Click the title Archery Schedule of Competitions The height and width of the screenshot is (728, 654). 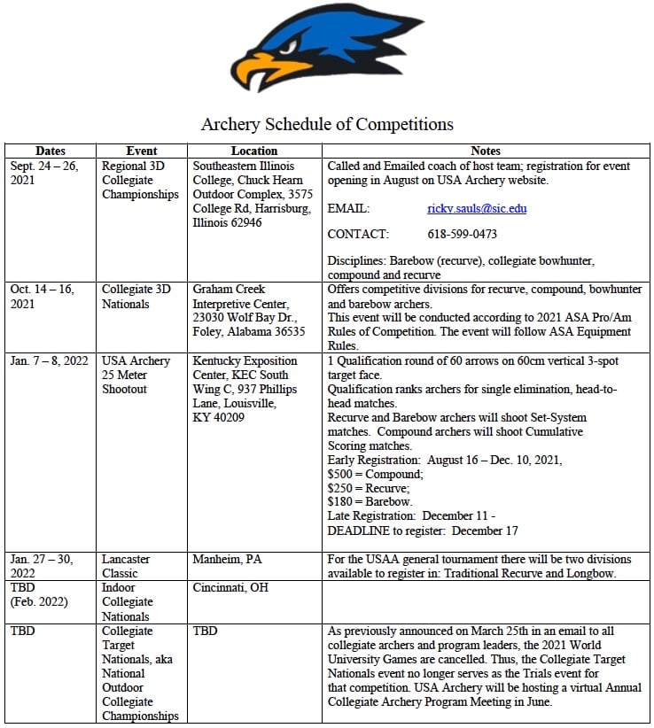327,124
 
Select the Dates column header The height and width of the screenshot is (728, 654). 51,151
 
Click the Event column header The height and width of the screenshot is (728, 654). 142,151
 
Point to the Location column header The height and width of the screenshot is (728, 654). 254,151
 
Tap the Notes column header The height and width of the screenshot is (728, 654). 486,151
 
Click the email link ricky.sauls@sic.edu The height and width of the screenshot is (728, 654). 477,209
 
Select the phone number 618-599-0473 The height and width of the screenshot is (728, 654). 462,235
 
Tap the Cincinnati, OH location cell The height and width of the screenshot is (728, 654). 230,588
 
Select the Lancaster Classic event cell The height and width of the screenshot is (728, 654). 127,567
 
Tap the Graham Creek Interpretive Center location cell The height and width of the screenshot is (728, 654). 248,310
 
